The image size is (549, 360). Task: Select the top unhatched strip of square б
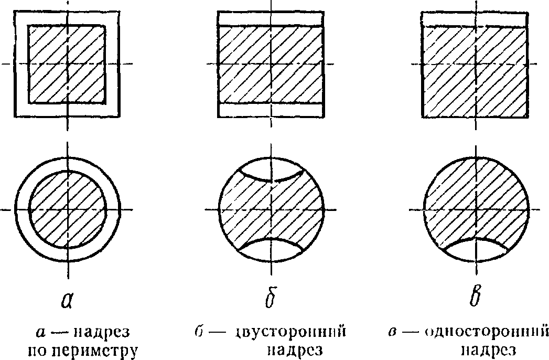270,18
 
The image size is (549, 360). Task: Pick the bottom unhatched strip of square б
270,110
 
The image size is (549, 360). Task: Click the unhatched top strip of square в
475,18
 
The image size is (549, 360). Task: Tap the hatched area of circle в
461,199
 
